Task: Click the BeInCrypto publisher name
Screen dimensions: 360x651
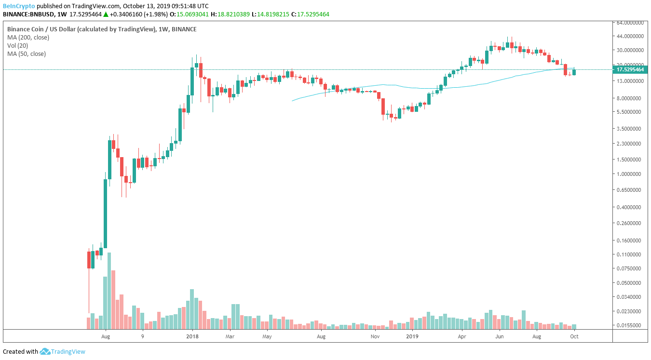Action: [19, 6]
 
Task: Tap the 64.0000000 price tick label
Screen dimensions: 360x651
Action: [630, 23]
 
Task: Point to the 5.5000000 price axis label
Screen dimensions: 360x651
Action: [630, 112]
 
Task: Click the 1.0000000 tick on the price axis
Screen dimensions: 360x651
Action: [630, 174]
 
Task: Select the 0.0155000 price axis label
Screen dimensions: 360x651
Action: [630, 325]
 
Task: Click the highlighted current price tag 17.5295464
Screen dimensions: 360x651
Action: [630, 69]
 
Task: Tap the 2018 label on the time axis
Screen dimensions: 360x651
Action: [192, 336]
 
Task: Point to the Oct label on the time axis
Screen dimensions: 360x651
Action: [574, 336]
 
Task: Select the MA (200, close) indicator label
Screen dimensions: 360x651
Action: [28, 37]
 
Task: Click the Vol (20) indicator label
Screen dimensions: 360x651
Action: [17, 45]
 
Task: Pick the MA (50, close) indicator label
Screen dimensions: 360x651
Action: [27, 54]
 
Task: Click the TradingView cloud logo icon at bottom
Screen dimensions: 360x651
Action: [45, 351]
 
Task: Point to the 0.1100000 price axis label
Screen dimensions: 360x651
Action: [630, 254]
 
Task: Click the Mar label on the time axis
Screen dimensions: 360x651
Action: [230, 336]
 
